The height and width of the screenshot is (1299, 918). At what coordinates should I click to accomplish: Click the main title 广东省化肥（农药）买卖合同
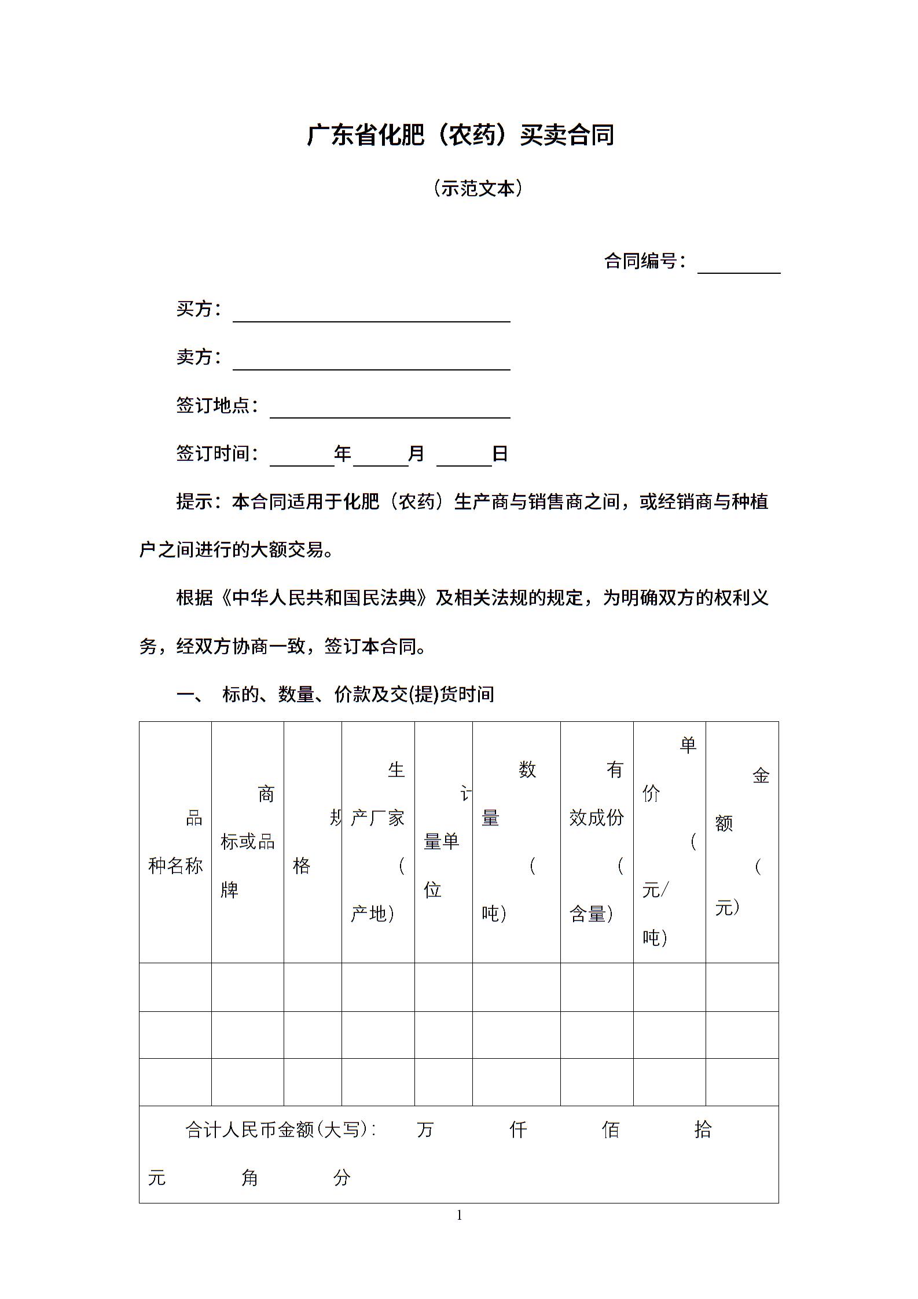tap(460, 135)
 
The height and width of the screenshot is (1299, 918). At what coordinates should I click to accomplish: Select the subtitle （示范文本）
tap(478, 188)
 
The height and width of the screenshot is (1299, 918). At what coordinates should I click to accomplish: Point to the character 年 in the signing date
tap(343, 453)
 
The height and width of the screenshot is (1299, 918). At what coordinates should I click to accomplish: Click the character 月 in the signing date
tap(416, 453)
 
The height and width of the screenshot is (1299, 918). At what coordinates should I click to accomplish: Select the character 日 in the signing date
tap(500, 453)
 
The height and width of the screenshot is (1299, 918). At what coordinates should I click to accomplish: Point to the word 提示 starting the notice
tap(194, 501)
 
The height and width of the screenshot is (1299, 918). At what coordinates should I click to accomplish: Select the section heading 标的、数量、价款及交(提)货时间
tap(358, 693)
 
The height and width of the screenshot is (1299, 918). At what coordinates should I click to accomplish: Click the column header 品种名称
tap(175, 842)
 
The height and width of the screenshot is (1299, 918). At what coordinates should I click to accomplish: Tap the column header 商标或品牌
tap(248, 842)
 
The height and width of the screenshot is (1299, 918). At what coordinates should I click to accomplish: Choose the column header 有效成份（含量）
tap(597, 842)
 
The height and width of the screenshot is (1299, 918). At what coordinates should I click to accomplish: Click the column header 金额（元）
tap(742, 842)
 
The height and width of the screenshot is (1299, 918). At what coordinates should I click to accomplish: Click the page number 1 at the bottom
tap(460, 1215)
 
